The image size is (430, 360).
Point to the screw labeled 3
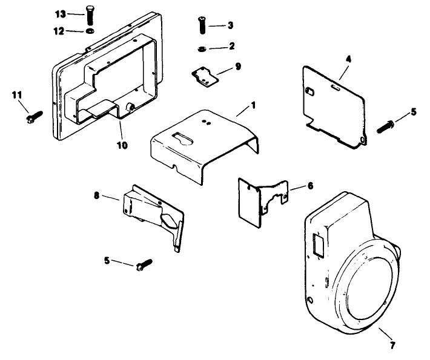(202, 26)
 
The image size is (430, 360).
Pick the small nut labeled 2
(202, 47)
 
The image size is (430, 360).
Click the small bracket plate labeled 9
(204, 76)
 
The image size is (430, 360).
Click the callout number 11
(17, 95)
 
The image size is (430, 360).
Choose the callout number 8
(98, 196)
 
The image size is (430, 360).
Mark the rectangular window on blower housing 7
(317, 246)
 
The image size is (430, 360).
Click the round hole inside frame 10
(130, 109)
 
